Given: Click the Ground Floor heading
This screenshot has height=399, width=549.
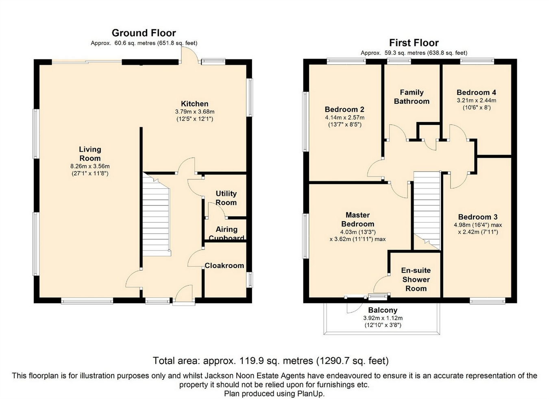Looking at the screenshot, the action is tap(144, 33).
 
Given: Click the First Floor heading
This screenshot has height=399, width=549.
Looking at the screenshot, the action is tap(414, 43).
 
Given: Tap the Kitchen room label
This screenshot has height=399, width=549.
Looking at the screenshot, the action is tap(195, 104).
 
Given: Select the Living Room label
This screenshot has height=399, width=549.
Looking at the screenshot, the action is tap(90, 154).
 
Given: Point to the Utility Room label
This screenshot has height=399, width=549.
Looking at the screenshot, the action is tap(226, 198).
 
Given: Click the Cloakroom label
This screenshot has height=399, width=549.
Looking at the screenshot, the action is tap(224, 266).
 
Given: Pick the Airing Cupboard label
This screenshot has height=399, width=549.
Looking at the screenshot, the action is tap(227, 233).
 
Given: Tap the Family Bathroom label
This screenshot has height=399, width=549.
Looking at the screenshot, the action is tap(412, 97).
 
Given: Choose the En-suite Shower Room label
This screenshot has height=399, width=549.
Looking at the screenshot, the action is tap(416, 279).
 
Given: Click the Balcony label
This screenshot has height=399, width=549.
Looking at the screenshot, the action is tap(383, 310).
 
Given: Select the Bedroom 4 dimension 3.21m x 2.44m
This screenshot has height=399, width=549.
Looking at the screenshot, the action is tap(477, 100).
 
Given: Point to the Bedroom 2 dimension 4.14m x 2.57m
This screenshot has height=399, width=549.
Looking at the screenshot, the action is tap(344, 118).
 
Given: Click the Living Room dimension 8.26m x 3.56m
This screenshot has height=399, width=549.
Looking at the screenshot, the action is tap(90, 166).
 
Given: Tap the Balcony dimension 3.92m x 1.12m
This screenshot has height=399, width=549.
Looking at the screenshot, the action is tap(383, 318).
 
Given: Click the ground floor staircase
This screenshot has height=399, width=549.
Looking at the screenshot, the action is tap(157, 215).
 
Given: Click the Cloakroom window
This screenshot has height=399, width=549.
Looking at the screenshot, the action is tap(250, 280).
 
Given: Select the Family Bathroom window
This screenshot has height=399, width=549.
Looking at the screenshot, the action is tap(399, 61).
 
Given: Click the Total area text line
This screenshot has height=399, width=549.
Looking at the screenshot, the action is tap(271, 361).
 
